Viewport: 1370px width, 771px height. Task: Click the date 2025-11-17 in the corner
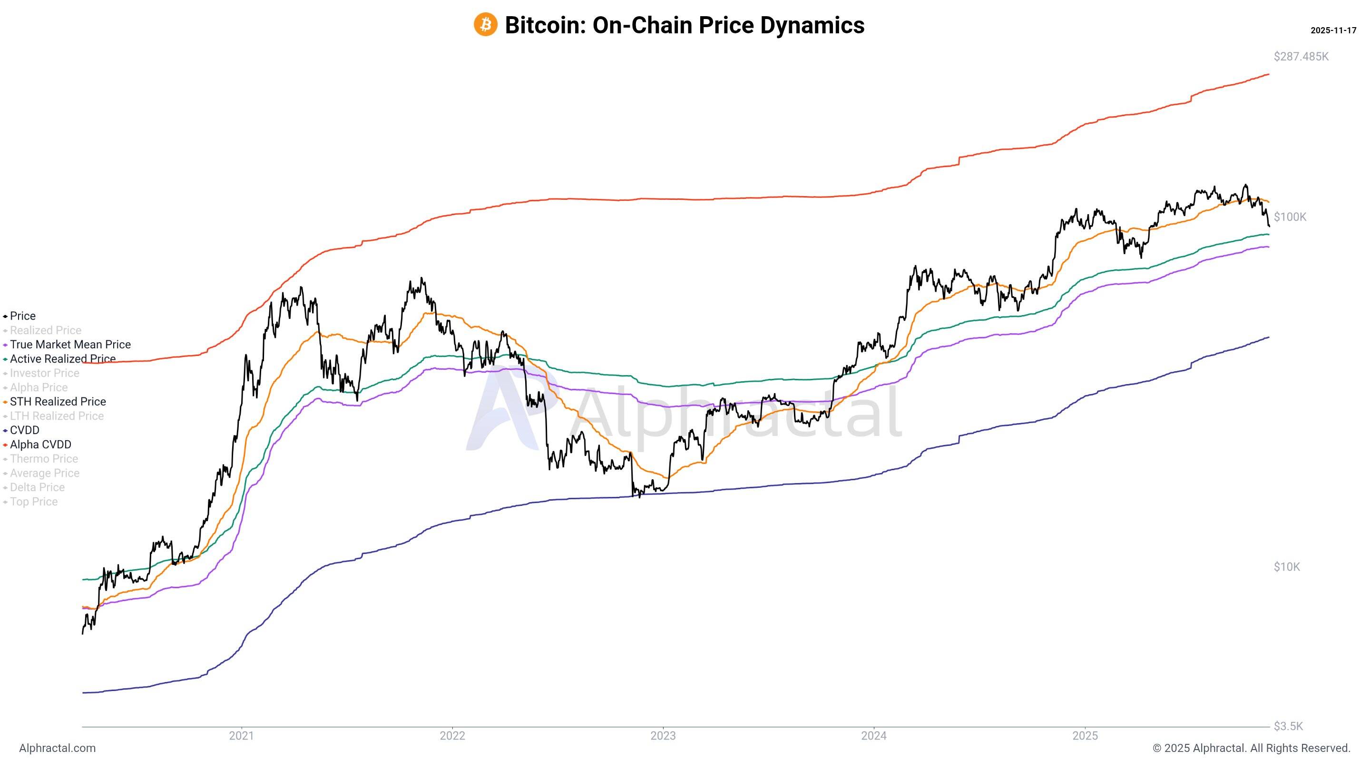(x=1333, y=30)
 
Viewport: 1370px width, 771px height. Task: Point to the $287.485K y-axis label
(x=1301, y=57)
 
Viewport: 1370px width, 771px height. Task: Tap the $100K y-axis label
(x=1290, y=217)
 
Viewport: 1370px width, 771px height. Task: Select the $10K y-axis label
(x=1286, y=567)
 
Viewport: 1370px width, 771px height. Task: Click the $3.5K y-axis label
(x=1288, y=726)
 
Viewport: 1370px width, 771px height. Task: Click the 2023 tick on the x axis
(x=663, y=735)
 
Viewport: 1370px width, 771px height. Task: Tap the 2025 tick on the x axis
(x=1085, y=735)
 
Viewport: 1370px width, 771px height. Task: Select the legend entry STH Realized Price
(x=58, y=402)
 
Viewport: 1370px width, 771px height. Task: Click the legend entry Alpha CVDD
(x=40, y=445)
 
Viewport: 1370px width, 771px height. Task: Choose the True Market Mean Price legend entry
(x=70, y=345)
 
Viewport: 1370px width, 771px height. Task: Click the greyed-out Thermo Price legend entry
(x=44, y=459)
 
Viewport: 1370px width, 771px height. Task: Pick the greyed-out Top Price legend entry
(x=33, y=502)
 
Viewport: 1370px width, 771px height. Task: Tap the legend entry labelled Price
(x=22, y=316)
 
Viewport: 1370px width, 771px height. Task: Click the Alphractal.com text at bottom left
(x=58, y=748)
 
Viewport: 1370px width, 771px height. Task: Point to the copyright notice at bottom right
(x=1251, y=748)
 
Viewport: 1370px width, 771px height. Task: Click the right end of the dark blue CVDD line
(x=1268, y=337)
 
